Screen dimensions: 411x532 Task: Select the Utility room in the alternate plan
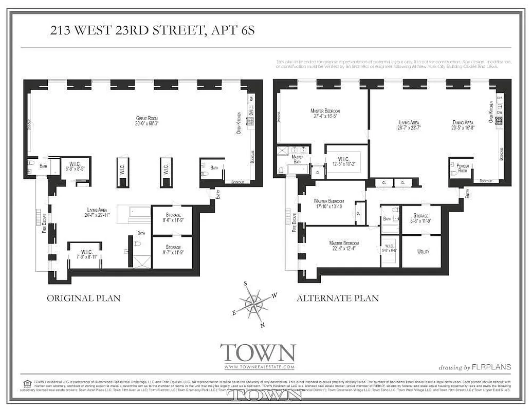coord(421,252)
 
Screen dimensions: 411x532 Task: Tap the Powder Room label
coord(461,167)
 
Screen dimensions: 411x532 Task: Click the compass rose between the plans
coord(254,304)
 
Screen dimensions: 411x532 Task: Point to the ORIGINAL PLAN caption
coord(83,298)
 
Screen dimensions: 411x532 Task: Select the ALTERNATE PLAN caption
coord(337,298)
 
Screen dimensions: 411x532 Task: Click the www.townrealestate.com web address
coord(259,367)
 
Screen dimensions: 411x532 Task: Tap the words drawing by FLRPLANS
coord(474,367)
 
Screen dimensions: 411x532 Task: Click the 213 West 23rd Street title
coord(152,30)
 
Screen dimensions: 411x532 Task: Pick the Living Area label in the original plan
coord(100,213)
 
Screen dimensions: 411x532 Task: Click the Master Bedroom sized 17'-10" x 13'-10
coord(329,203)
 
